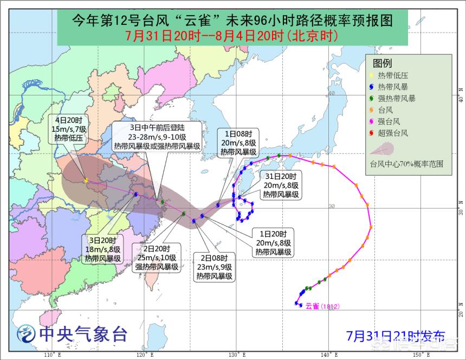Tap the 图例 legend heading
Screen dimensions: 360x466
click(382, 63)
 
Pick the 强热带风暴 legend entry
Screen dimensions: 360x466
click(397, 99)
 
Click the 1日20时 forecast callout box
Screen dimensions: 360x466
click(274, 243)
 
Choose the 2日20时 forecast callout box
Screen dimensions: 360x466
click(153, 257)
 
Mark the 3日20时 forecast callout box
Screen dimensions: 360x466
click(102, 249)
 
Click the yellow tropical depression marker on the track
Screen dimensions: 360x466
click(86, 180)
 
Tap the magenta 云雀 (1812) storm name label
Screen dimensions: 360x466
click(322, 307)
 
